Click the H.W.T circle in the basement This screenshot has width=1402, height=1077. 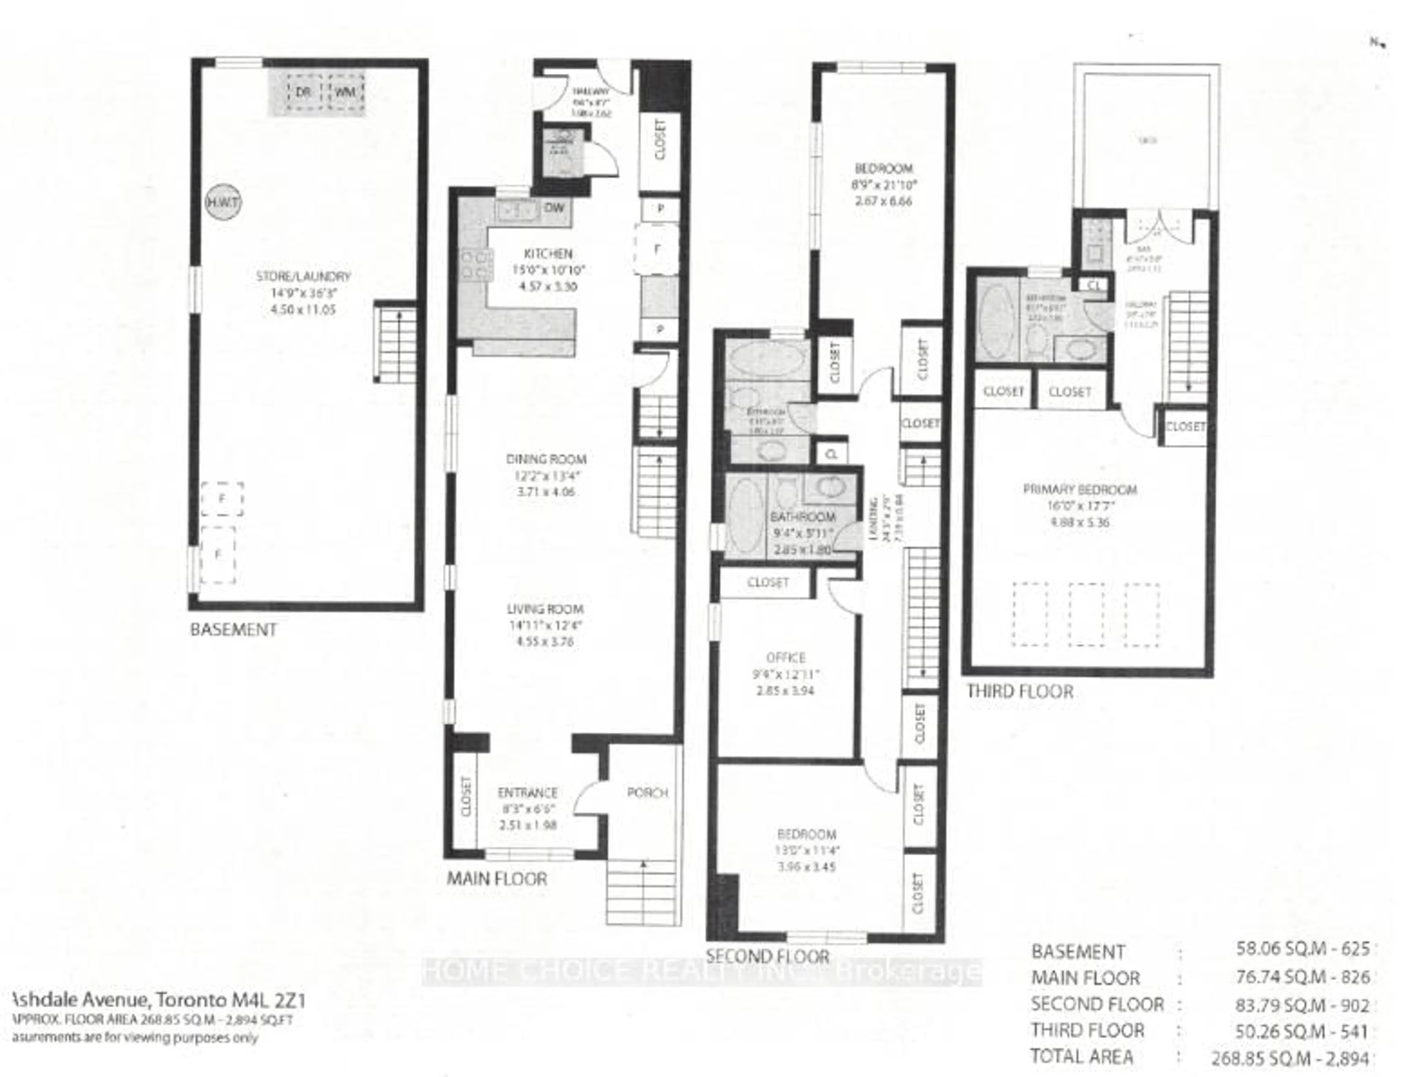pyautogui.click(x=223, y=203)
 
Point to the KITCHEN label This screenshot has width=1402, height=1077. pyautogui.click(x=548, y=254)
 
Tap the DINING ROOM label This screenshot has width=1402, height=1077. pyautogui.click(x=546, y=459)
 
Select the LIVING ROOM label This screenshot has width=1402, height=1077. pyautogui.click(x=545, y=609)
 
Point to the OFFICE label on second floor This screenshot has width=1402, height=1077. pyautogui.click(x=786, y=658)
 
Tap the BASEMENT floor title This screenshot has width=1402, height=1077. pyautogui.click(x=233, y=629)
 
